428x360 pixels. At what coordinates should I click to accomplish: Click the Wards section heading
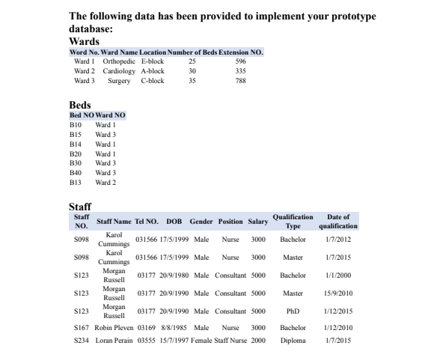84,40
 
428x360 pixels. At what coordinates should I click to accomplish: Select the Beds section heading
80,106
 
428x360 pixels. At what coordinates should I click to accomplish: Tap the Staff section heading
80,206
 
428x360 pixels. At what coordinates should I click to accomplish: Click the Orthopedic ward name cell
119,61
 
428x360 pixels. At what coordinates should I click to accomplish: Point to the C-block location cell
153,80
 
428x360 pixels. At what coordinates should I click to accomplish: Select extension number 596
240,61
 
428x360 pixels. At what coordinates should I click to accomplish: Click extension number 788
240,80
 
